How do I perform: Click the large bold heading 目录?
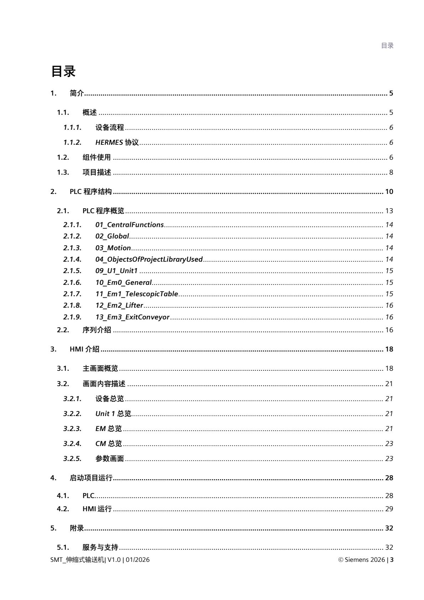(63, 71)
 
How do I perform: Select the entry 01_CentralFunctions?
(129, 225)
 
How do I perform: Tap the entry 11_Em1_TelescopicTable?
(136, 294)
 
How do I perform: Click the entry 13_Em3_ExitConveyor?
(132, 317)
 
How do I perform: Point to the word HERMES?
(109, 143)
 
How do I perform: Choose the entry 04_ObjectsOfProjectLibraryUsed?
(149, 259)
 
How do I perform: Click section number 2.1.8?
(72, 305)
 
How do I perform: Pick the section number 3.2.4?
(72, 443)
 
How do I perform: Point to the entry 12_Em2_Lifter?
(119, 305)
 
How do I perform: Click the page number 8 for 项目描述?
(391, 173)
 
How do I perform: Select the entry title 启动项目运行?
(91, 478)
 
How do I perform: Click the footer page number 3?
(392, 560)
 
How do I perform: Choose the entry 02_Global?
(112, 236)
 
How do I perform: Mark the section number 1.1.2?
(72, 143)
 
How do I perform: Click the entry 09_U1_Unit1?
(116, 271)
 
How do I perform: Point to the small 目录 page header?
(387, 46)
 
